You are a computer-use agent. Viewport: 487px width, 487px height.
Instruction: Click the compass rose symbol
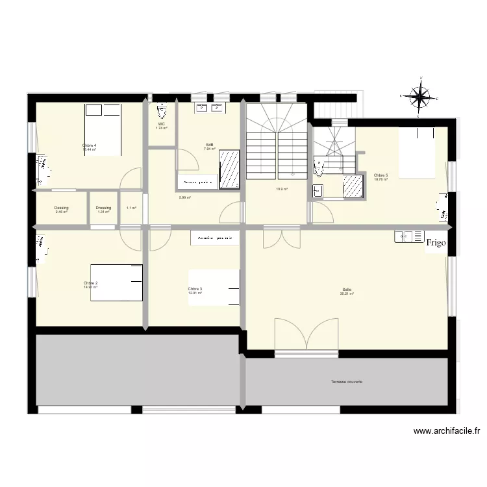coord(421,98)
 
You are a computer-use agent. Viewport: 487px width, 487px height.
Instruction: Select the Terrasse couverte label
coord(346,382)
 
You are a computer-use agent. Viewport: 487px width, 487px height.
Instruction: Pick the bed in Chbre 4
coord(103,130)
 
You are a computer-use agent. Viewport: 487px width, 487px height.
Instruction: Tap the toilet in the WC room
coord(162,109)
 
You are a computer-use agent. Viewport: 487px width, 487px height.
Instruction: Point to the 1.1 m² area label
coord(131,208)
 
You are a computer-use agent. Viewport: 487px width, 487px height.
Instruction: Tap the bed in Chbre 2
coord(116,282)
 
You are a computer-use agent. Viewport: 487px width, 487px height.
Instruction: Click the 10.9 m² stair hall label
coord(282,190)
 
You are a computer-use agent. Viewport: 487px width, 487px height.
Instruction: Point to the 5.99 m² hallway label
coord(185,197)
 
